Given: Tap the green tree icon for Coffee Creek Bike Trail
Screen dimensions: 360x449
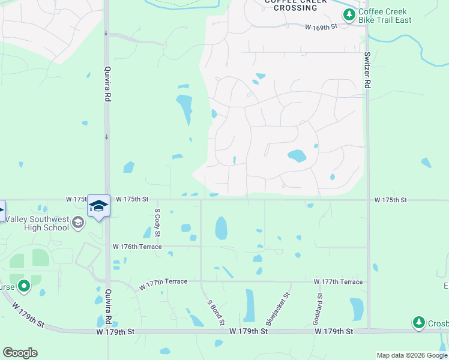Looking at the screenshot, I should click(348, 14).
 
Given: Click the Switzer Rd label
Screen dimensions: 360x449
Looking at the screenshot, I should click(367, 70).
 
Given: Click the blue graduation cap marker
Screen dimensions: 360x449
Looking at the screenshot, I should click(98, 206).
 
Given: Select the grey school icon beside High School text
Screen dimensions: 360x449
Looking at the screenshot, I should click(77, 223).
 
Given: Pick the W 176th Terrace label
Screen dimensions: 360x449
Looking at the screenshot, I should click(137, 247).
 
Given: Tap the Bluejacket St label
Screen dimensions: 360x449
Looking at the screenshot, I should click(278, 307).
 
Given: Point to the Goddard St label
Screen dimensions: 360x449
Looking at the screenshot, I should click(320, 306).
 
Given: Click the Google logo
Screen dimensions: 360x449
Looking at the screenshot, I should click(20, 353).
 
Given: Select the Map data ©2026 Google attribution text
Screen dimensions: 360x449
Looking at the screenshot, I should click(412, 355).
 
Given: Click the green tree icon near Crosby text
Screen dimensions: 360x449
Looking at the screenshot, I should click(419, 323).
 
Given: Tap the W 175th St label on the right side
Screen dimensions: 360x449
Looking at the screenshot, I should click(390, 200).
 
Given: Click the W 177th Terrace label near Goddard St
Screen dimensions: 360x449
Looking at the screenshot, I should click(338, 281).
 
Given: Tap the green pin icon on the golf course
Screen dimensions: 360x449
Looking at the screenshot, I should click(23, 286).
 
